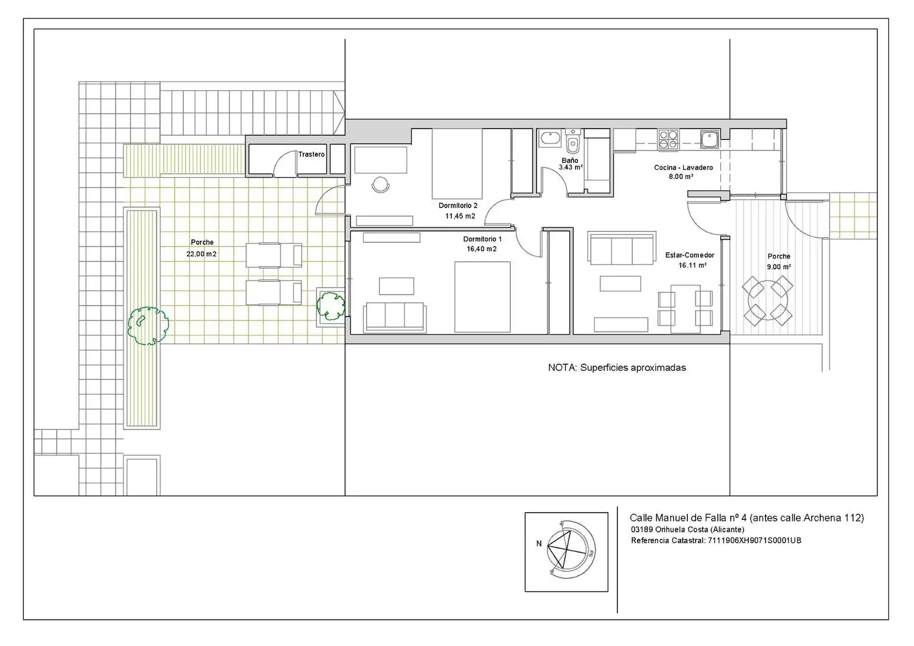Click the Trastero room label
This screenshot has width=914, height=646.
click(x=311, y=154)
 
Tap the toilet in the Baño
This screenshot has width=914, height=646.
click(x=573, y=142)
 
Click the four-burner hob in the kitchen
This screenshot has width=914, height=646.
click(x=668, y=139)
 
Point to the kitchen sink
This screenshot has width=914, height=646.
click(x=711, y=139)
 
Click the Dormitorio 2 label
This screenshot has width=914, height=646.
click(x=458, y=206)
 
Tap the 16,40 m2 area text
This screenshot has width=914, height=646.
click(x=482, y=249)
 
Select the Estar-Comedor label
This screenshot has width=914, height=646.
click(x=690, y=255)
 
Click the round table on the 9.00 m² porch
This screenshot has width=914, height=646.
click(x=767, y=301)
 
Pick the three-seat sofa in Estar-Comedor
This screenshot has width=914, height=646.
click(x=621, y=248)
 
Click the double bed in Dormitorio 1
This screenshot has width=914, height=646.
click(x=482, y=297)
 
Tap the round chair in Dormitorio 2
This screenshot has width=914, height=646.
click(x=380, y=184)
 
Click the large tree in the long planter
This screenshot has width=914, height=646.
click(x=148, y=326)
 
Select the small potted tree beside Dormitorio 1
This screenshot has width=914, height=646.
click(x=331, y=306)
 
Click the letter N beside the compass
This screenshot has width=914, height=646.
click(x=538, y=544)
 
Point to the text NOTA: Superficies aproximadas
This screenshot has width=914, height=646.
click(x=617, y=368)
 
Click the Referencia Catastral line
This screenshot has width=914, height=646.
click(x=716, y=541)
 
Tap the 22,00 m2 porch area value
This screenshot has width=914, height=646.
click(x=201, y=254)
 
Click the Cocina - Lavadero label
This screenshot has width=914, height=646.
click(x=684, y=167)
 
